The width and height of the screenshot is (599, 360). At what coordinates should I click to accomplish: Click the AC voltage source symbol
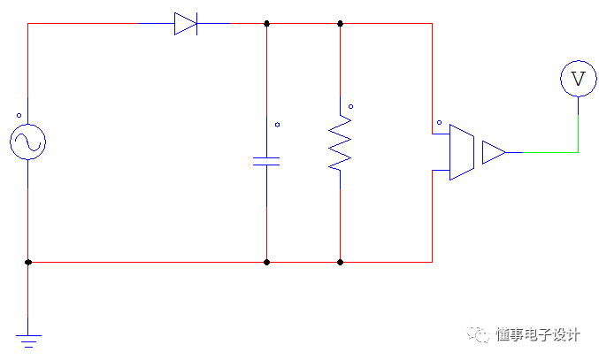27,142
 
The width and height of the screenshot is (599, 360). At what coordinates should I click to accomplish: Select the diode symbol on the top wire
185,24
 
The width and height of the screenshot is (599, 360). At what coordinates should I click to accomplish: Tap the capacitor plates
266,161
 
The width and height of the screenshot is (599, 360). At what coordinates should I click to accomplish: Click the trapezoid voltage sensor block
462,152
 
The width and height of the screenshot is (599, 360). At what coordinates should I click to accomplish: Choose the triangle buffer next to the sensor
493,152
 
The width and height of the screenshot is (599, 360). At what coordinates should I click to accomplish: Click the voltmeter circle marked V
578,79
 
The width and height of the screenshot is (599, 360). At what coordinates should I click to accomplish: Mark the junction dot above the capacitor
266,24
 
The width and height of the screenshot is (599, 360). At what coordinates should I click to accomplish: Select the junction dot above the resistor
340,24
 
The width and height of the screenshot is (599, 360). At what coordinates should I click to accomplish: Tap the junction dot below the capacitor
266,262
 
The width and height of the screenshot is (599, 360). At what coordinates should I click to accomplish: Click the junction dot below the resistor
340,262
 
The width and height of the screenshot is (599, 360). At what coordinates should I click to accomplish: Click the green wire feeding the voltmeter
549,152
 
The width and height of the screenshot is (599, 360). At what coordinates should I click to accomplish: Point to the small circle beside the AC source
18,115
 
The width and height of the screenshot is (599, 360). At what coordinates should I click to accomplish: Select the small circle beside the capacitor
277,125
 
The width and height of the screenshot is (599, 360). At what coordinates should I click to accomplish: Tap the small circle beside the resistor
350,107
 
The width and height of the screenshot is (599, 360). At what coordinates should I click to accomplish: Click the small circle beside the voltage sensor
439,124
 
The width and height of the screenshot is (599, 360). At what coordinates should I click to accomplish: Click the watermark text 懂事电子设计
537,334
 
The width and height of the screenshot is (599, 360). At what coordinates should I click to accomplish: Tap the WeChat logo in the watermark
479,334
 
